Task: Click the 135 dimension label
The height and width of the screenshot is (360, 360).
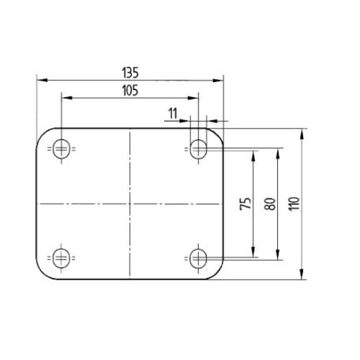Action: [130, 73]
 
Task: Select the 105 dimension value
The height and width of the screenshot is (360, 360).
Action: [130, 91]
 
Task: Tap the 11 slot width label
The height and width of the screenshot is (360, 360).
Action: [173, 114]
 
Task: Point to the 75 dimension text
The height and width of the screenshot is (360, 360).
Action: [246, 204]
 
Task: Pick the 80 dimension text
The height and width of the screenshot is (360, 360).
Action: [270, 204]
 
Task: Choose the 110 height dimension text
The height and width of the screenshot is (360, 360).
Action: [294, 204]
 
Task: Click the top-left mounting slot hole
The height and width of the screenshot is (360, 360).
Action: [62, 149]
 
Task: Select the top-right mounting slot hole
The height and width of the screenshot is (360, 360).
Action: [198, 149]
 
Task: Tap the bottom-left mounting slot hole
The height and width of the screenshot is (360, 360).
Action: [62, 258]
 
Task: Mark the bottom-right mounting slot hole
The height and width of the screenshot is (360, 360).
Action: [198, 258]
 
